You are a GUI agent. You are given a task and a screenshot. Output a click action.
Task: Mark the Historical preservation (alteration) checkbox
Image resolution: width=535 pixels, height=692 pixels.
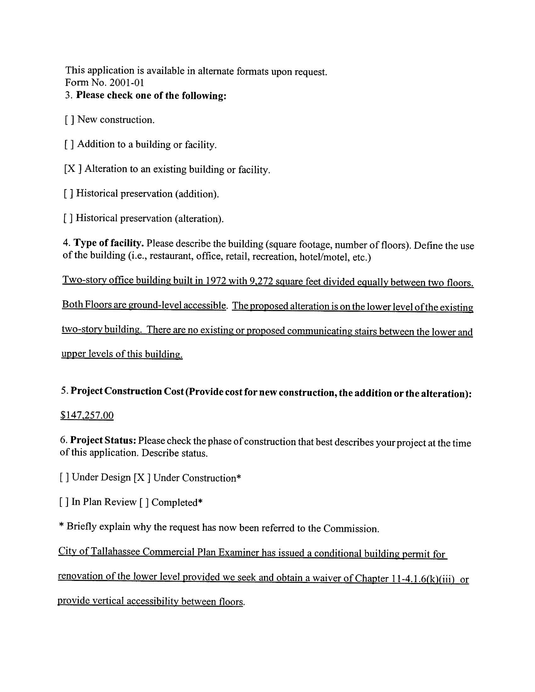point(68,218)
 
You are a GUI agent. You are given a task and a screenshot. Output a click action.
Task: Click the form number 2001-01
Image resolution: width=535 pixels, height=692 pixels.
point(127,83)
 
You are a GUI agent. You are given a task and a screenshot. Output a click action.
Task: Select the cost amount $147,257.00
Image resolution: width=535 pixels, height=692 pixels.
point(87,415)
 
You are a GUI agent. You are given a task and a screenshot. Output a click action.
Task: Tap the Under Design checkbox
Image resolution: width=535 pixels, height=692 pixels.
point(64,477)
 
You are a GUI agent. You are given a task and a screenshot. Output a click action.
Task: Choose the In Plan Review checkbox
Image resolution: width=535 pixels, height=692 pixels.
point(64,502)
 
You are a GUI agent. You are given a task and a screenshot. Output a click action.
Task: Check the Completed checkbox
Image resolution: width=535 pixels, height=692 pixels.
point(144,503)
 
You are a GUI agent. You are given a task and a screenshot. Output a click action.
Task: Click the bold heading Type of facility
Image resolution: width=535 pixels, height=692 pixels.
point(109,243)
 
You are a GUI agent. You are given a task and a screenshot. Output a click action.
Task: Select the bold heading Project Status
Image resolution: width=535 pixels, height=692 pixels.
point(103,441)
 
